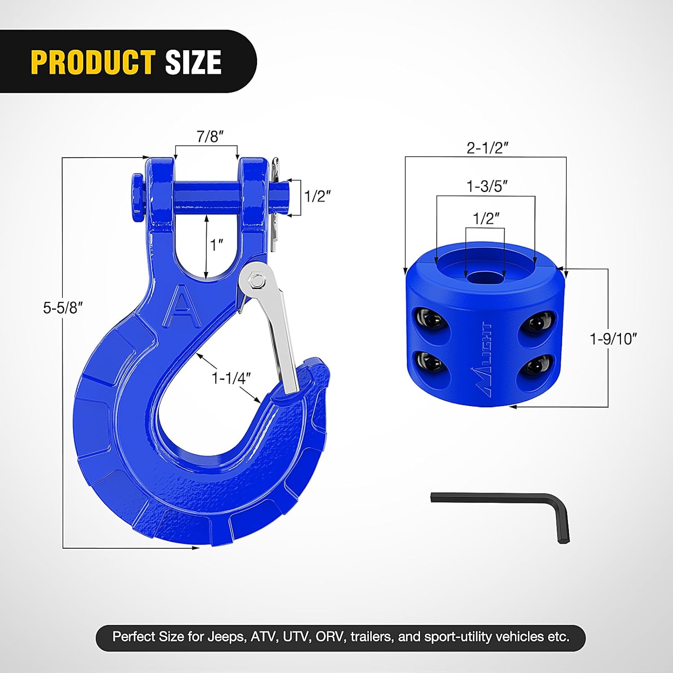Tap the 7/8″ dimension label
(210, 136)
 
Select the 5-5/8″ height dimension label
(63, 308)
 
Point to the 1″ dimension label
(217, 245)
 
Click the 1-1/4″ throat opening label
(231, 378)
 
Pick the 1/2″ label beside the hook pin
(317, 196)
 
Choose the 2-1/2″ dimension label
(487, 148)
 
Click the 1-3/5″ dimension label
(487, 186)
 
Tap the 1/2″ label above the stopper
(486, 219)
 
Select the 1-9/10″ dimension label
(613, 339)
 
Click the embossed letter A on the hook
(182, 307)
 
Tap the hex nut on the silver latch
(257, 281)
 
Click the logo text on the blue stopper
(482, 359)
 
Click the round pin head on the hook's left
(137, 197)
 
